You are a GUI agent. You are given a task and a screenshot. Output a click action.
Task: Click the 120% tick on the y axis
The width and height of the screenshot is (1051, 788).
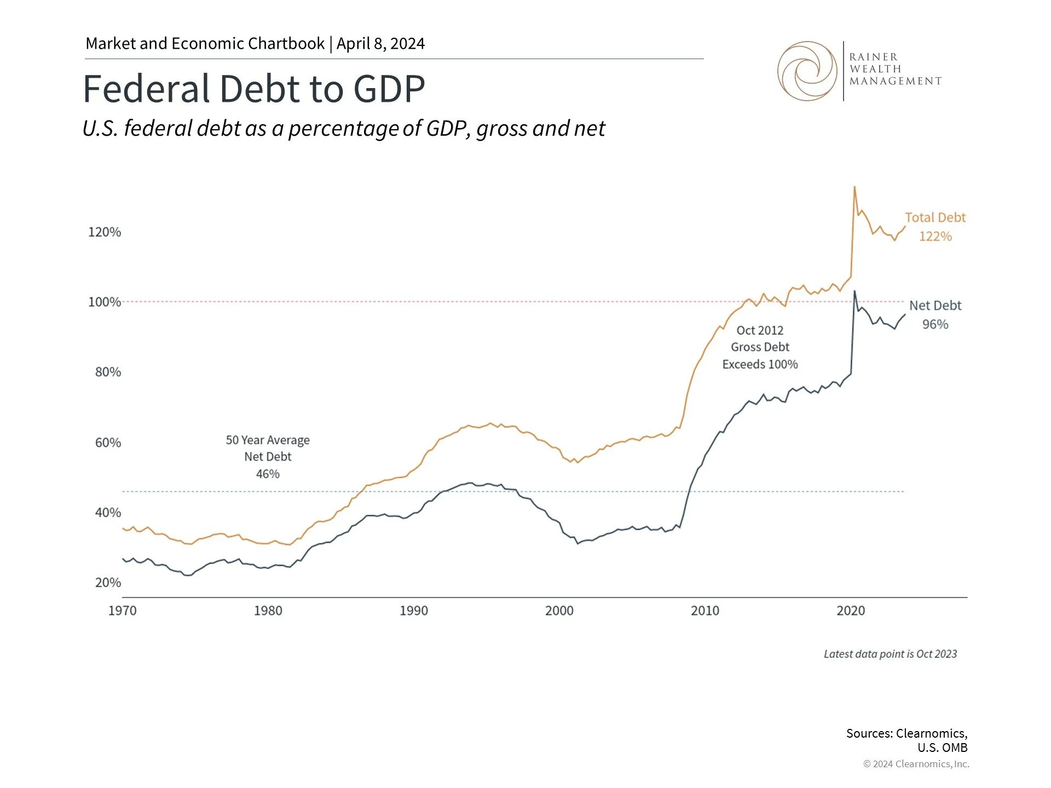point(105,232)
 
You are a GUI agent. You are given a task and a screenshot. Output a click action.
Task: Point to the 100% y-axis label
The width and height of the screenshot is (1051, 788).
point(105,302)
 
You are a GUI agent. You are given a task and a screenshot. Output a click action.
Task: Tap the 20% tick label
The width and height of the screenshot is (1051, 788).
point(108,582)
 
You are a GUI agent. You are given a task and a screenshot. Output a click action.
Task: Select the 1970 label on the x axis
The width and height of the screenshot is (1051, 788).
point(122,611)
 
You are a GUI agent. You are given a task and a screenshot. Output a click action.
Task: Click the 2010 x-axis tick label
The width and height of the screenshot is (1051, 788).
point(705,611)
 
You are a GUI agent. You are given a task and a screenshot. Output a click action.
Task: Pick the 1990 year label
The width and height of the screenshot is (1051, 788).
point(414,611)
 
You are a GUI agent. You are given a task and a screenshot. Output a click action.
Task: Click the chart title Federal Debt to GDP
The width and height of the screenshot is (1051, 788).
point(253,89)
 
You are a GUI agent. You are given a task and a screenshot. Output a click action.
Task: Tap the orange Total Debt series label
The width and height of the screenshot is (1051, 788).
point(935,217)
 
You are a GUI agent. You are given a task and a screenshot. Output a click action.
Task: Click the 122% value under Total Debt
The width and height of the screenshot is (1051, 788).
point(935,236)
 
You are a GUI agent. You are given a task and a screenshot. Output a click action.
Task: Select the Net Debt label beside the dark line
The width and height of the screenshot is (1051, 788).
point(935,305)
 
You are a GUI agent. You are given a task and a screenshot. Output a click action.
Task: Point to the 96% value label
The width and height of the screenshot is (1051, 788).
point(935,325)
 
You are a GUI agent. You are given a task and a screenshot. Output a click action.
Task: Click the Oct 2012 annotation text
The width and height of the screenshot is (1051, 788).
point(760,331)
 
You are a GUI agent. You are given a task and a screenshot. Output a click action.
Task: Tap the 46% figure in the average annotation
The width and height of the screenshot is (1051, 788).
point(268,474)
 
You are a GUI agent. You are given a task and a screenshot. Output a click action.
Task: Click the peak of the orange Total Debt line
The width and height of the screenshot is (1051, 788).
point(854,187)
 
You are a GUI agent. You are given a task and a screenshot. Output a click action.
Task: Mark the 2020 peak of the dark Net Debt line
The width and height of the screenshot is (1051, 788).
point(854,291)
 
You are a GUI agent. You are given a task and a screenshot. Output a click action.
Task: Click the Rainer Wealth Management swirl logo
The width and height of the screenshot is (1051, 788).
point(807,71)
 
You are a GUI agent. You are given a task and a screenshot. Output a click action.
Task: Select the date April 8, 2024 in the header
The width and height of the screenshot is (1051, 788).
point(380,44)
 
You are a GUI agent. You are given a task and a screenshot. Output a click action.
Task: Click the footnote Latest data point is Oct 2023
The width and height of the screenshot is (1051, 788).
point(890,654)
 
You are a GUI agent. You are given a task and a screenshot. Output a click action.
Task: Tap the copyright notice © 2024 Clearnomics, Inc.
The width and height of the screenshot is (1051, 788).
point(916,764)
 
